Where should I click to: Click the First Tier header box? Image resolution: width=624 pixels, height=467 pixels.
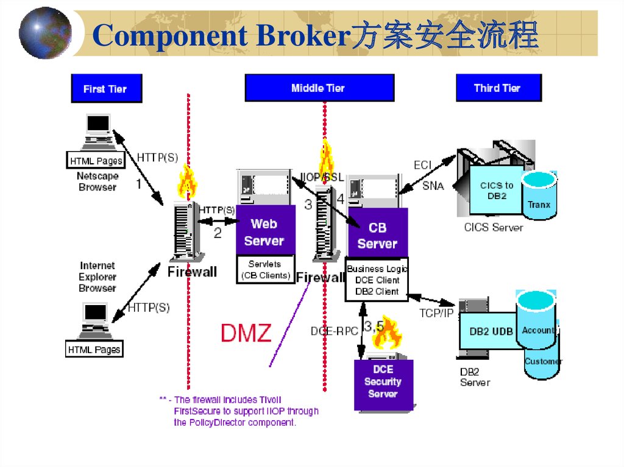tap(106, 88)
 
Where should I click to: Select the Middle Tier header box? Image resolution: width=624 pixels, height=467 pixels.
tap(319, 88)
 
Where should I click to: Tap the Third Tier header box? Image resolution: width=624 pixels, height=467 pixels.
tap(497, 88)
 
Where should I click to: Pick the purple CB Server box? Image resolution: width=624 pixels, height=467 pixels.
tap(377, 235)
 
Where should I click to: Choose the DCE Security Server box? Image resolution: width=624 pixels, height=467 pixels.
tap(383, 382)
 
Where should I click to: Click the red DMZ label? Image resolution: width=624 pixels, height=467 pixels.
tap(246, 332)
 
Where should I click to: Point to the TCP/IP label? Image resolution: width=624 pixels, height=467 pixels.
tap(437, 313)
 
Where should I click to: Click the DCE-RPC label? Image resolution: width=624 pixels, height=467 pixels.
tap(334, 331)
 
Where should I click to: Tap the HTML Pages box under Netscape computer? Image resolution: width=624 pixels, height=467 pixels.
tap(96, 161)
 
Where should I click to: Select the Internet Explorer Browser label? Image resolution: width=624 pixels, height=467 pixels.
tap(97, 276)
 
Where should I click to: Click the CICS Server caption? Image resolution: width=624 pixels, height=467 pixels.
tap(493, 227)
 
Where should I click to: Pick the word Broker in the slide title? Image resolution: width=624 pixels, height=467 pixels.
tap(300, 37)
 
